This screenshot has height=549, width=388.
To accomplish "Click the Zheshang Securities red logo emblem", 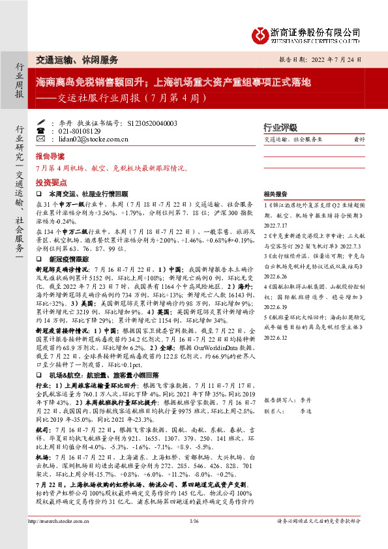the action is pyautogui.click(x=263, y=33).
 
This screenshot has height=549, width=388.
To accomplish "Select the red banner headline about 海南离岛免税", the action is pyautogui.click(x=173, y=83).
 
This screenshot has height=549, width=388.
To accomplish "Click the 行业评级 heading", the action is pyautogui.click(x=280, y=128).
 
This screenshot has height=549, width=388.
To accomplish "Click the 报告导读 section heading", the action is pyautogui.click(x=50, y=157).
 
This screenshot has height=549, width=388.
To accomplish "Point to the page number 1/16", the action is pyautogui.click(x=193, y=539).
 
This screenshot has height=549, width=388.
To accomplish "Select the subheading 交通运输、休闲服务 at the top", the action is pyautogui.click(x=77, y=59).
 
